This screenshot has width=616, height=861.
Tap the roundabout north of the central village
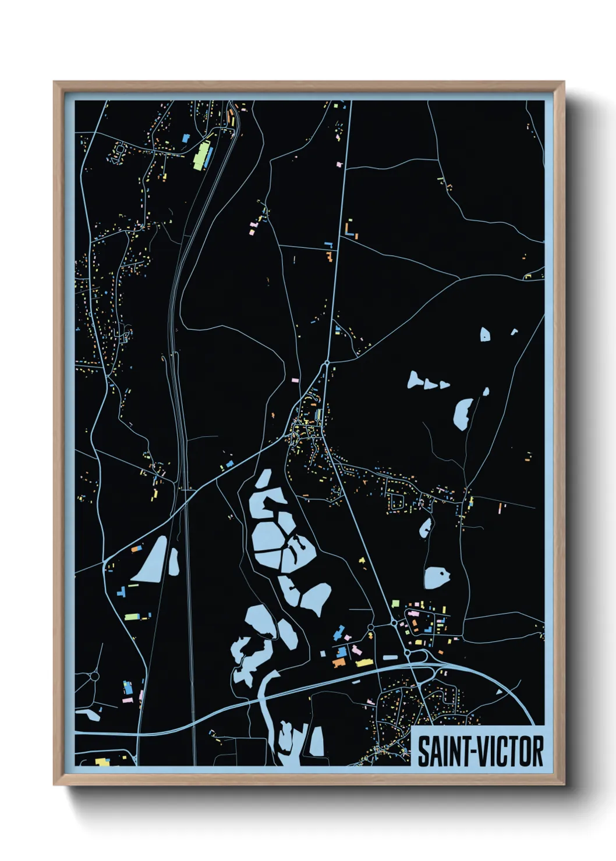point(327,362)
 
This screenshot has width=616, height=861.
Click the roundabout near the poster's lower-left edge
point(94,677)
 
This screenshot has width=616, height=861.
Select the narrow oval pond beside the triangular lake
point(174,562)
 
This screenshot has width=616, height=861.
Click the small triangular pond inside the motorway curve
point(499,692)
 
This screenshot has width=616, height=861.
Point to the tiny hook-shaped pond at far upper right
point(514,332)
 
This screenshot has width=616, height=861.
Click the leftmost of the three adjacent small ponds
point(415,380)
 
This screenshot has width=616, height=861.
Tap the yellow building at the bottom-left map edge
point(102,762)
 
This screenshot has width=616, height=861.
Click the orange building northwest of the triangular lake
point(136,549)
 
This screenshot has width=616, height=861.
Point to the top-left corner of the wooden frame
point(54,83)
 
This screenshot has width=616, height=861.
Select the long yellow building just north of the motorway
point(364,662)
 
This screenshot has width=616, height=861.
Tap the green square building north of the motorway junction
point(395,603)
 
